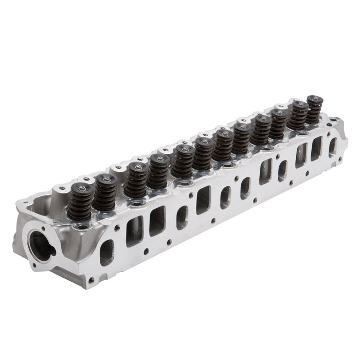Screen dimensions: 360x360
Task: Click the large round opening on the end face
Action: coord(42,244)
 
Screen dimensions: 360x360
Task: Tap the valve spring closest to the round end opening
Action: coord(81,202)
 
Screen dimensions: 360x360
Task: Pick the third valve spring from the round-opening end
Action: coord(136,179)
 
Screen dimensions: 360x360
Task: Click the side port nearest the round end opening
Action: coord(106,252)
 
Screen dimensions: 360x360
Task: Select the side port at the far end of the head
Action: coord(332,147)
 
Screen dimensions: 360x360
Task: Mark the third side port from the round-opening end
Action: coord(157,221)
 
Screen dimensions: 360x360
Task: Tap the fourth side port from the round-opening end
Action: coord(182,217)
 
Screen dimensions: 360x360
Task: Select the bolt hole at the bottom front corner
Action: coord(92,281)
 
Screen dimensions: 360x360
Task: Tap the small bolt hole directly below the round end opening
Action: coord(34,265)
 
